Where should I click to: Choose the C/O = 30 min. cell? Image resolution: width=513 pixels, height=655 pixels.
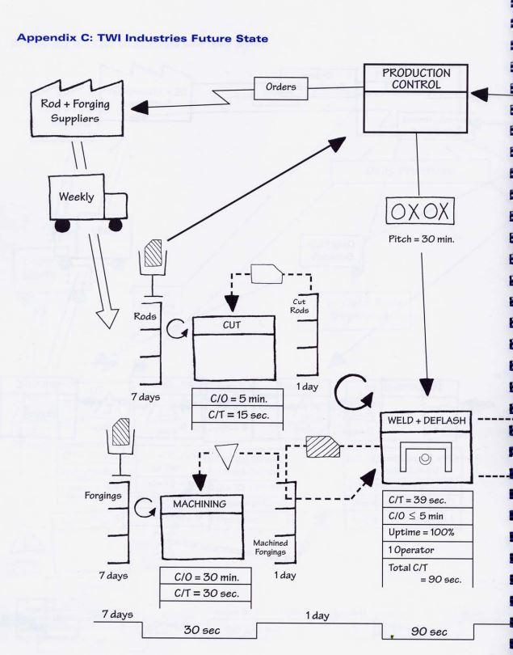[x=206, y=576]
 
